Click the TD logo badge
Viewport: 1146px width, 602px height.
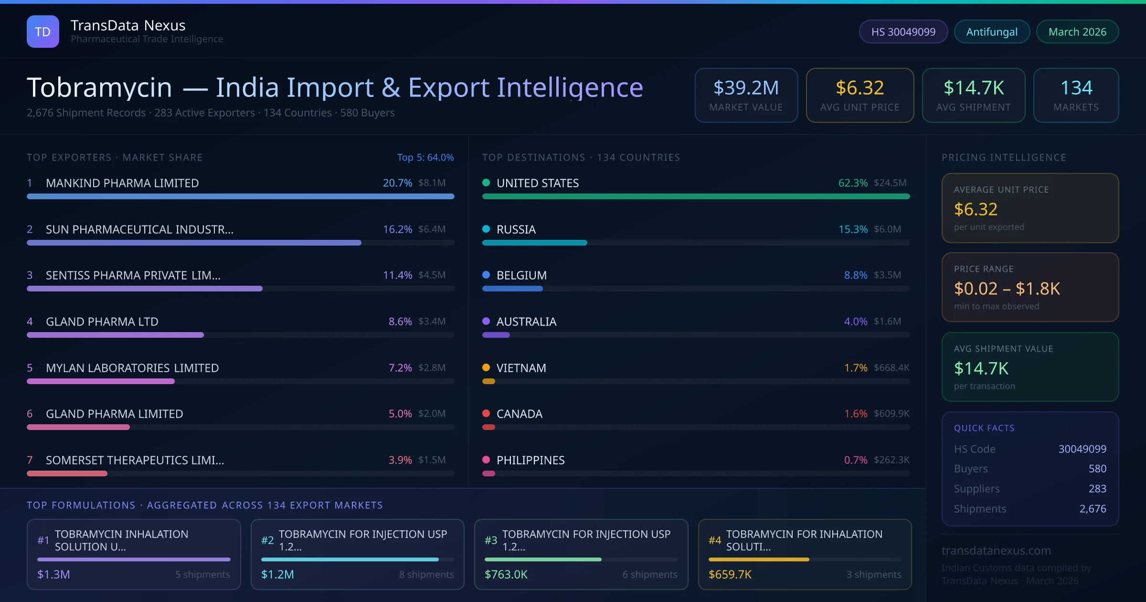coord(43,32)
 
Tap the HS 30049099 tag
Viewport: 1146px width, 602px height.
coord(903,32)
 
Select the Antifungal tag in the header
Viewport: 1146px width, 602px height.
coord(991,32)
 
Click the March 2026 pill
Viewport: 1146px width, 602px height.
coord(1077,32)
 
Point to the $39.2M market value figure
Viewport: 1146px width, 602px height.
coord(746,87)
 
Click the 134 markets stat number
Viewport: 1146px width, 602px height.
coord(1076,87)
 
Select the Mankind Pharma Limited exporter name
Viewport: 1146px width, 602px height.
coord(122,183)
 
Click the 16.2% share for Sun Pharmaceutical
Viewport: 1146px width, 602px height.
coord(397,229)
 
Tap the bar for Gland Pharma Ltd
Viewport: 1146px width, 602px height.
coord(115,335)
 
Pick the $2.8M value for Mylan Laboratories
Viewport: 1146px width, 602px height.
coord(432,367)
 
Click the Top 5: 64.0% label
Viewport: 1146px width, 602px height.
coord(425,157)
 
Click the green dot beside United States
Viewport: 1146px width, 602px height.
coord(486,183)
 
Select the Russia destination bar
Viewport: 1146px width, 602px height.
coord(534,243)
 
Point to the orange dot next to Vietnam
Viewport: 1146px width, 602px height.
coord(486,367)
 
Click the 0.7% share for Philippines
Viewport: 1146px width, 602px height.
coord(855,460)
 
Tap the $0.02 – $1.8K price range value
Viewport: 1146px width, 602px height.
coord(1007,289)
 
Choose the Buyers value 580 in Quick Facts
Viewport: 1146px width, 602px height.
coord(1097,469)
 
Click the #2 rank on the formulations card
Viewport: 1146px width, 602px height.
coord(267,540)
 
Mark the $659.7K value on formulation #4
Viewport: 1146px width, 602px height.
coord(730,574)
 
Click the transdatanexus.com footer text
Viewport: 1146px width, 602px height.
coord(996,550)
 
